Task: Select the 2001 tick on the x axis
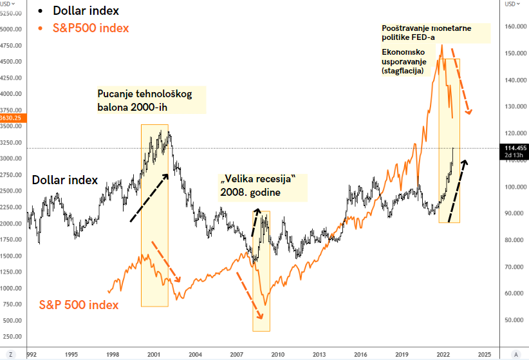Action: click(154, 355)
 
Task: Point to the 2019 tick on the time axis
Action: click(402, 355)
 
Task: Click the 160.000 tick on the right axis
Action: click(515, 26)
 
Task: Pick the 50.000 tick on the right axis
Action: click(514, 320)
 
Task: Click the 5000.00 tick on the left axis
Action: click(11, 30)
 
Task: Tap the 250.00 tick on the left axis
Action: click(14, 336)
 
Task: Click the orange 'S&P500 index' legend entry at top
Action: click(91, 28)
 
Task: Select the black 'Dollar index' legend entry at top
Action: click(86, 11)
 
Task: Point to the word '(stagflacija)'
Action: click(403, 71)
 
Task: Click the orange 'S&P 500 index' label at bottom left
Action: click(79, 305)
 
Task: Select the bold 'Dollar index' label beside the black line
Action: click(65, 180)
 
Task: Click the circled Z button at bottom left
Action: click(11, 355)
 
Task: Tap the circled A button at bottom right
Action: click(515, 355)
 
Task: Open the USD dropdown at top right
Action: click(512, 4)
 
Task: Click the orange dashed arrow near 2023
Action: click(461, 81)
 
